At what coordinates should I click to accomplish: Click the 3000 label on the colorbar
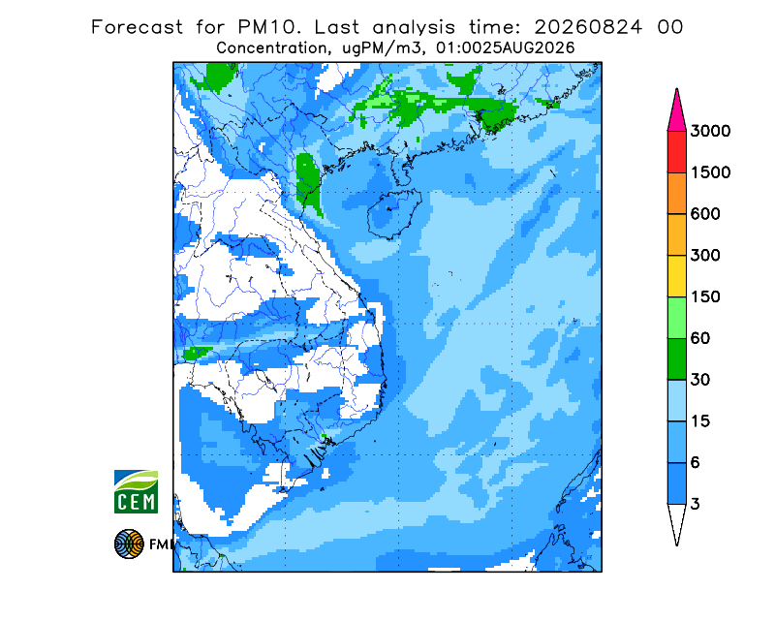pyautogui.click(x=710, y=131)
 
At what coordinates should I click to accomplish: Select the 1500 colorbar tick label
pyautogui.click(x=710, y=172)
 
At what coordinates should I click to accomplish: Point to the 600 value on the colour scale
pyautogui.click(x=705, y=214)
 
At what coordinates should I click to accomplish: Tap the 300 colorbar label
pyautogui.click(x=705, y=256)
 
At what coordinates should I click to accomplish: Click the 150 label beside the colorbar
pyautogui.click(x=705, y=297)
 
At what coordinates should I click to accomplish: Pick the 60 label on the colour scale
pyautogui.click(x=700, y=339)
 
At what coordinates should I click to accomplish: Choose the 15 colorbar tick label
pyautogui.click(x=700, y=421)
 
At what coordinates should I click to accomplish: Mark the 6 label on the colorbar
pyautogui.click(x=696, y=463)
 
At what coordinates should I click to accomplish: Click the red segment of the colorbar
pyautogui.click(x=676, y=152)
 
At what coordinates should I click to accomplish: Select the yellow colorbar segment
pyautogui.click(x=676, y=276)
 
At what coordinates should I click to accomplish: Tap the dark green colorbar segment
pyautogui.click(x=676, y=359)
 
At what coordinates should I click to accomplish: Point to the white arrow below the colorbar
pyautogui.click(x=676, y=521)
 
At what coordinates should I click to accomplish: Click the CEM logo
pyautogui.click(x=136, y=491)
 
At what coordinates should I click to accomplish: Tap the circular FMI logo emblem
pyautogui.click(x=129, y=544)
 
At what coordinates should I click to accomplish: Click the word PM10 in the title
pyautogui.click(x=269, y=27)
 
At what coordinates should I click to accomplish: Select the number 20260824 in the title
pyautogui.click(x=588, y=27)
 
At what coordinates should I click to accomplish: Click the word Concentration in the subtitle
pyautogui.click(x=271, y=48)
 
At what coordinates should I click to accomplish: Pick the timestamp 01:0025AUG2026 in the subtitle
pyautogui.click(x=505, y=48)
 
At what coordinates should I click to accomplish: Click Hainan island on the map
pyautogui.click(x=394, y=214)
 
